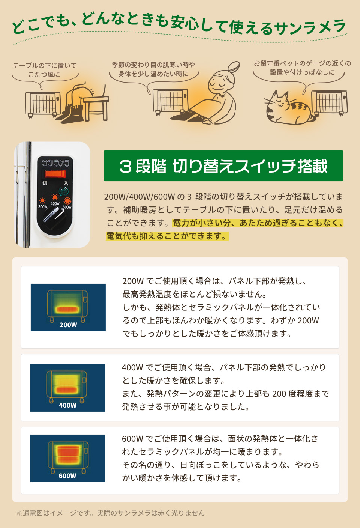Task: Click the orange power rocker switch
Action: [55, 173]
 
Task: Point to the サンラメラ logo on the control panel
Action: [55, 163]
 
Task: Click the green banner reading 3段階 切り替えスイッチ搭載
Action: [223, 166]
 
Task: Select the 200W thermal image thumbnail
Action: [68, 307]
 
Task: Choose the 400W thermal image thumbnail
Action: [67, 388]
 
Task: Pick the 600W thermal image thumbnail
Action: [67, 458]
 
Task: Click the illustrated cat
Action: [287, 109]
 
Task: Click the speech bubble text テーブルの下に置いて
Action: [45, 66]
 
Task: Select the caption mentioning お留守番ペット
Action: [302, 63]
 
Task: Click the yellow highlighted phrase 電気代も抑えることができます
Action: [166, 236]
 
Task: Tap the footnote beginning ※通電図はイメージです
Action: [110, 513]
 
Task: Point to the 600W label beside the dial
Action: [67, 207]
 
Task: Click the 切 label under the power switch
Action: [45, 183]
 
